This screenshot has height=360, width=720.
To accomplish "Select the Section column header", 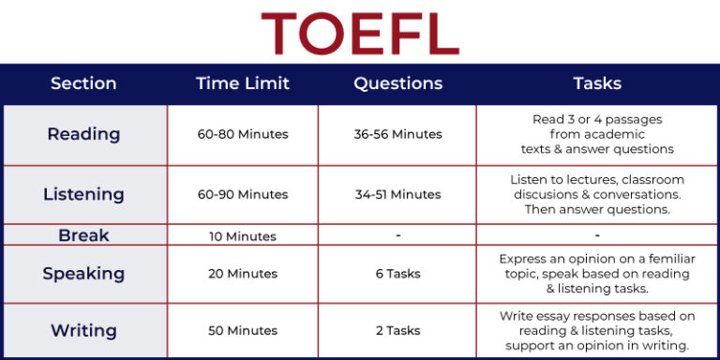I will (x=83, y=83).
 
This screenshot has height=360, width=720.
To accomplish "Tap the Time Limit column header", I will (x=243, y=83).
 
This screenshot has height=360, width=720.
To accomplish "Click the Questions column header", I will (x=397, y=83).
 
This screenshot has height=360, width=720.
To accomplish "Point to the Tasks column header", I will (x=597, y=83).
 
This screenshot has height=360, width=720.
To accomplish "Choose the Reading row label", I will (x=83, y=134).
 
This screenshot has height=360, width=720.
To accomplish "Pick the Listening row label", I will (x=83, y=194).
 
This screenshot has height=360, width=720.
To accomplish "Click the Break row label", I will (x=83, y=235).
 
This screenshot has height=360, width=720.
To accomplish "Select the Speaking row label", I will (x=83, y=274).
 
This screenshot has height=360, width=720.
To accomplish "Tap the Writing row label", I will (x=83, y=330).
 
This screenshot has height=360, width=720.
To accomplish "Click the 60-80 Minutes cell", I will (x=243, y=134).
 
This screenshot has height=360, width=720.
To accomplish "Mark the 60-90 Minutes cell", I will (x=243, y=194).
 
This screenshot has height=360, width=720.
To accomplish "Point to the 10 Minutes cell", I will (x=243, y=236).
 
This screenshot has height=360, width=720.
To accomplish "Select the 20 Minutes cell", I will (x=243, y=274).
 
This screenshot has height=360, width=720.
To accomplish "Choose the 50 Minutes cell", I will (x=243, y=330).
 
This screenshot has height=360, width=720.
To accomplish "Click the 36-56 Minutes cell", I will (x=397, y=134).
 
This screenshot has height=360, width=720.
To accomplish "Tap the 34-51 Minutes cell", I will (x=397, y=194).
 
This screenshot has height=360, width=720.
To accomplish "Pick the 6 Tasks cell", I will (x=397, y=274).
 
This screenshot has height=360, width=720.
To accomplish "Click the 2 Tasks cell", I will (x=397, y=330).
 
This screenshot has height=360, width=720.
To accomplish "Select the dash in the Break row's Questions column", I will (x=397, y=235).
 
